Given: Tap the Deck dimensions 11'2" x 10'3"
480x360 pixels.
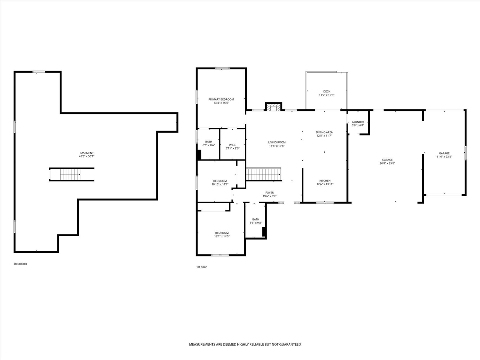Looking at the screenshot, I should pos(327,95).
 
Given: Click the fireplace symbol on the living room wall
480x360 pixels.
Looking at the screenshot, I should pos(273,107).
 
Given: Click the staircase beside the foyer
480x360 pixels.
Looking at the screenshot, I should pos(263,174).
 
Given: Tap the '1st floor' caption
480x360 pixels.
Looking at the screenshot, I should pos(201,267).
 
